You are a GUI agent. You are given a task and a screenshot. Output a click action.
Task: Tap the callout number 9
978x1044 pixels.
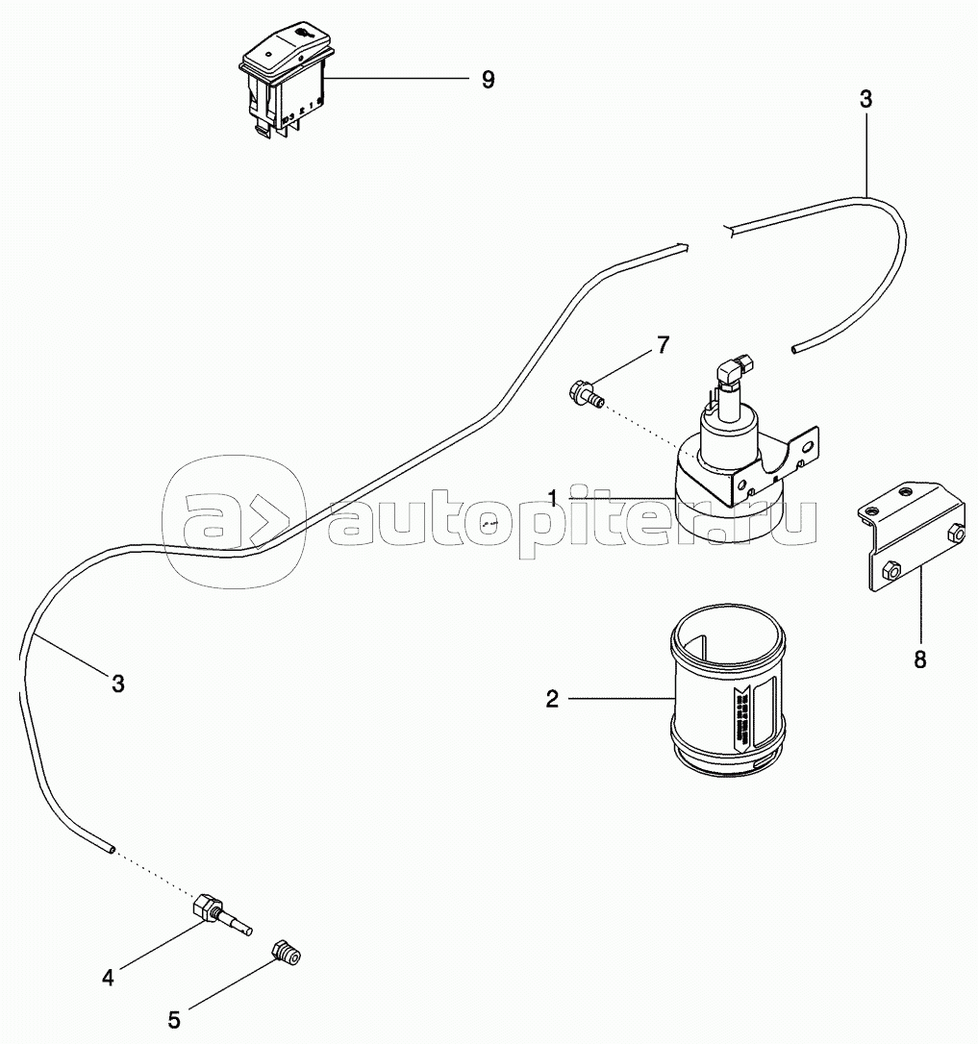[x=488, y=81]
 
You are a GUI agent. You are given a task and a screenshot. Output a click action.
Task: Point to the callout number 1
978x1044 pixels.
[x=553, y=496]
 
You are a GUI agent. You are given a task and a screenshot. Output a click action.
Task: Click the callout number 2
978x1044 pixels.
[x=552, y=699]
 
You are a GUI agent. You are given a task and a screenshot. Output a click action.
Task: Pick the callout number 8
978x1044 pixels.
[x=920, y=661]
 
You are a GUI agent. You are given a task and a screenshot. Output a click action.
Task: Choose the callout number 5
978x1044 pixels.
[x=174, y=1018]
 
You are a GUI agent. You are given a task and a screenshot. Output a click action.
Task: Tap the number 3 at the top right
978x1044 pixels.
[x=865, y=99]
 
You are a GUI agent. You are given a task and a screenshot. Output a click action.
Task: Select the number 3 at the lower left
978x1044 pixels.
[x=118, y=684]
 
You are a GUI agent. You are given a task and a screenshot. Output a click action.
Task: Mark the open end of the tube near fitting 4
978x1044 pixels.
[x=113, y=849]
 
